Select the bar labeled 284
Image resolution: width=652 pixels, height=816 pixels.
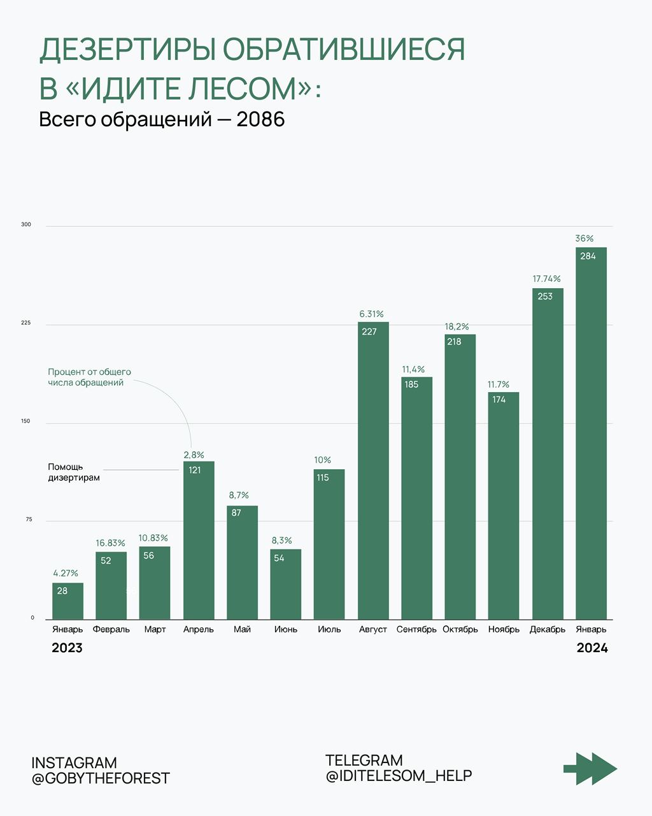[591, 433]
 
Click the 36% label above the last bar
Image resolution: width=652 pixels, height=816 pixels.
[585, 238]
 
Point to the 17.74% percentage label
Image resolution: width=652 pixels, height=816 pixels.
[547, 279]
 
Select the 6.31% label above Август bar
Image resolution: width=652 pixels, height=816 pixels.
[371, 314]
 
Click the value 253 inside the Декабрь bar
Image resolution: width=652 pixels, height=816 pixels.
[545, 296]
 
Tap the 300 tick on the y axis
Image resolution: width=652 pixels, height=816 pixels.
[26, 225]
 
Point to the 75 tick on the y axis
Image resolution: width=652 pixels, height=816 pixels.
[29, 520]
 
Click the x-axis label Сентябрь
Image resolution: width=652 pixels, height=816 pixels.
[416, 629]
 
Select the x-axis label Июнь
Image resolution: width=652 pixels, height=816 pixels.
[286, 629]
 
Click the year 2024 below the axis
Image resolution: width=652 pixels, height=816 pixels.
[592, 648]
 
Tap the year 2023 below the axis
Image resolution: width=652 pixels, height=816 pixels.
[67, 648]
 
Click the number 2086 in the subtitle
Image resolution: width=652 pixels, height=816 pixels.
[260, 119]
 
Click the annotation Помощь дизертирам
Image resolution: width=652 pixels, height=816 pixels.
[74, 472]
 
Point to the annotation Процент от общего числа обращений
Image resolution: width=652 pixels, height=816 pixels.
[89, 377]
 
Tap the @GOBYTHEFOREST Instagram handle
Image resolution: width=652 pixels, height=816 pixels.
[101, 778]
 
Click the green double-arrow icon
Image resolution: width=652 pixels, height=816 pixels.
[590, 768]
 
